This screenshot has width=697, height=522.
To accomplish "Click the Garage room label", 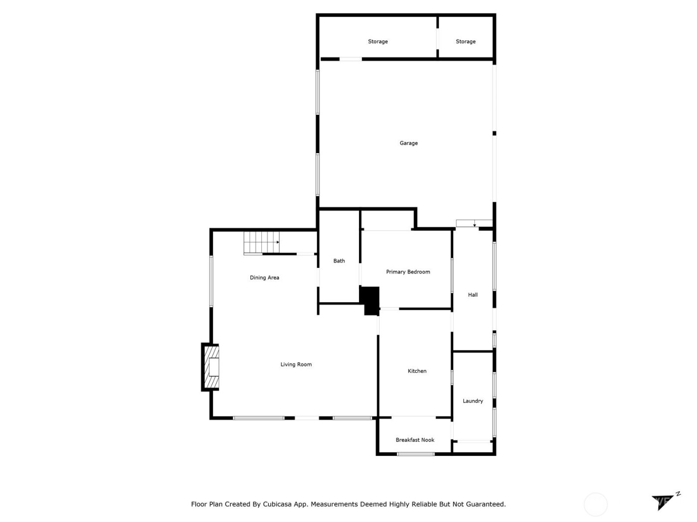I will pyautogui.click(x=408, y=143).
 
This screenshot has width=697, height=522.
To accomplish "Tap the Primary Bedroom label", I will pyautogui.click(x=408, y=272).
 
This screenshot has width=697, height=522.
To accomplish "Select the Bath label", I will pyautogui.click(x=339, y=261).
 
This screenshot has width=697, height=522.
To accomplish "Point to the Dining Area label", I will pyautogui.click(x=264, y=278).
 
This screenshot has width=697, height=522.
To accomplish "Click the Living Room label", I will pyautogui.click(x=296, y=364).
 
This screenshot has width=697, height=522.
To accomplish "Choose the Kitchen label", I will pyautogui.click(x=417, y=371).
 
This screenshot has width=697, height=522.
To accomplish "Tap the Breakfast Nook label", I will pyautogui.click(x=415, y=440).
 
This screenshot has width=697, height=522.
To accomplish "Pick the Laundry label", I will pyautogui.click(x=472, y=401).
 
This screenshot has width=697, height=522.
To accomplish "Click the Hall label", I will pyautogui.click(x=472, y=295).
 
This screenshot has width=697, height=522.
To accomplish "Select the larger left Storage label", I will pyautogui.click(x=378, y=42).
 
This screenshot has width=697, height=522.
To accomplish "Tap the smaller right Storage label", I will pyautogui.click(x=465, y=42).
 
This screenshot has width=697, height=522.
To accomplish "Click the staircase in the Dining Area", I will pyautogui.click(x=261, y=243).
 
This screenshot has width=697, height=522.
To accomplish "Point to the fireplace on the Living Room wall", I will pyautogui.click(x=211, y=367).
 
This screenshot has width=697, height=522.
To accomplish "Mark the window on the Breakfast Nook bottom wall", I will pyautogui.click(x=416, y=454).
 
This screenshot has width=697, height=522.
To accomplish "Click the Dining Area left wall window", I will pyautogui.click(x=211, y=281).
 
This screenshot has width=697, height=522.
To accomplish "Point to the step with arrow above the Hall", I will pyautogui.click(x=474, y=224).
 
